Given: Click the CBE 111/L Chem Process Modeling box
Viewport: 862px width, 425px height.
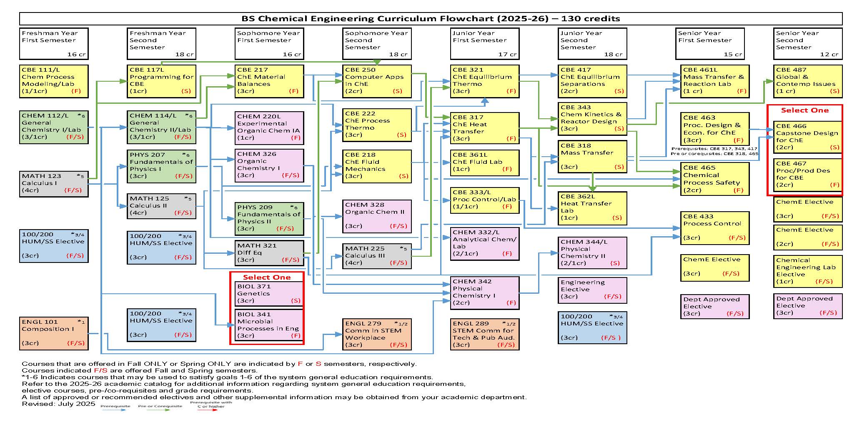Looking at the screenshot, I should click(54, 81).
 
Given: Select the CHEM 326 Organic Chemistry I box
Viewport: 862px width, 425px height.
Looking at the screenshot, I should click(269, 165).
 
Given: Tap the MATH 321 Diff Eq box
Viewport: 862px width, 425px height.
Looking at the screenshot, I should click(269, 253).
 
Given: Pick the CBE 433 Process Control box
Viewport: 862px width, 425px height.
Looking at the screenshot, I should click(715, 227).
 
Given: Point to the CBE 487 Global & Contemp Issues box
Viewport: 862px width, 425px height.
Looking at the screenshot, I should click(807, 81).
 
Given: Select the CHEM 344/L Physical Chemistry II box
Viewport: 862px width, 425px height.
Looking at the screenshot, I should click(592, 253).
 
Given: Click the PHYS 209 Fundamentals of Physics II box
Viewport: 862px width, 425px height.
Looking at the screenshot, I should click(269, 218).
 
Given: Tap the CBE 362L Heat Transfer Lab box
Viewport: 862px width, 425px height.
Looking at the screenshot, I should click(592, 207).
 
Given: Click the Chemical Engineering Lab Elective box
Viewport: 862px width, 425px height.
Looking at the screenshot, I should click(807, 271).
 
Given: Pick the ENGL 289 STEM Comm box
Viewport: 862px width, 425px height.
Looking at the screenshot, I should click(484, 334).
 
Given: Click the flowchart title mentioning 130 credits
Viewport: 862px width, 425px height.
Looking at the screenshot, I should click(431, 19).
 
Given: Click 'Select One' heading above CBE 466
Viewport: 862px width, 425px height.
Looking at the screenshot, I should click(804, 110).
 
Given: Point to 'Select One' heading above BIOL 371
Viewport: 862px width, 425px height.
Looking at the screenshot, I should click(267, 277).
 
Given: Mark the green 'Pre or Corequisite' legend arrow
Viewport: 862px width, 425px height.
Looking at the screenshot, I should click(160, 410).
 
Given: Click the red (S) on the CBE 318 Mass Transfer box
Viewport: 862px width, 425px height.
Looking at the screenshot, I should click(619, 167).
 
